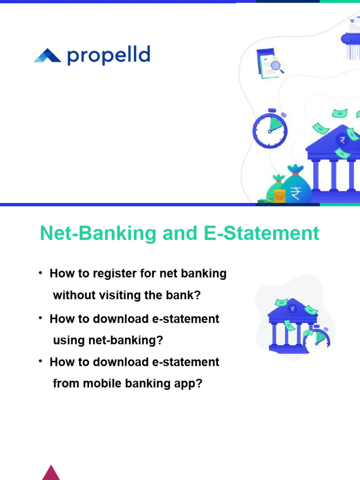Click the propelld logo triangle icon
(x=47, y=56)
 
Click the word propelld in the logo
(x=109, y=56)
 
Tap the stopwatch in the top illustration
(x=270, y=128)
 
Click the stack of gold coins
(x=279, y=196)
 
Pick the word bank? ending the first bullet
(x=186, y=295)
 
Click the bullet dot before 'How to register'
(x=41, y=273)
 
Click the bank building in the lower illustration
(x=287, y=323)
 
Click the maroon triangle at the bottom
(x=51, y=472)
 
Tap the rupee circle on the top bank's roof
(x=343, y=140)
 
